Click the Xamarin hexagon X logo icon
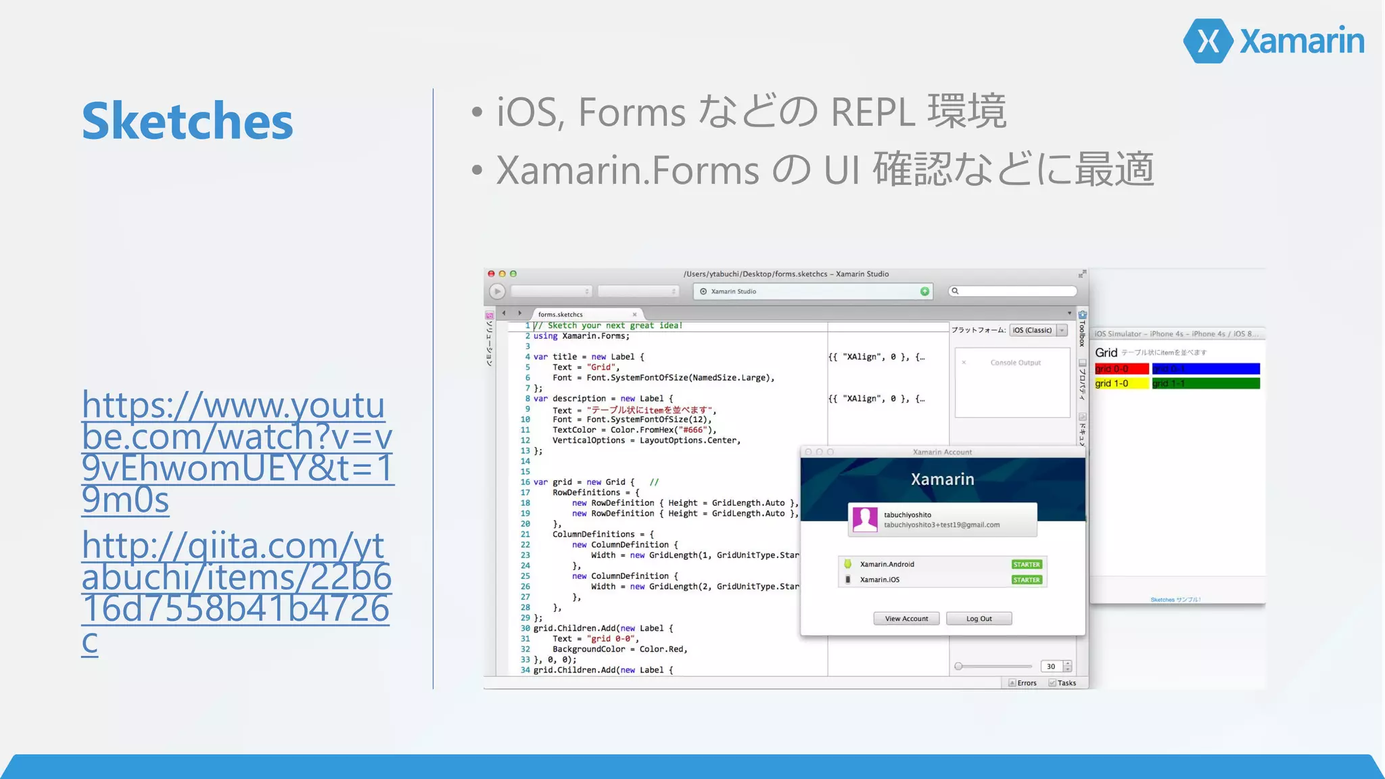coord(1208,41)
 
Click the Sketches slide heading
coord(187,121)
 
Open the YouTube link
coord(236,452)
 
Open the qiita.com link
coord(235,592)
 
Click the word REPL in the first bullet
coord(872,112)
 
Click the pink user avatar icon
coord(865,519)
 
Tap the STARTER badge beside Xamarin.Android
coord(1027,564)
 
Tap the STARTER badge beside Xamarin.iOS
coord(1027,580)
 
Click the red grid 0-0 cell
coord(1121,369)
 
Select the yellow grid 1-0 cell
coord(1121,383)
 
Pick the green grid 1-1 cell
coord(1206,383)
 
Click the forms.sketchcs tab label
coord(560,314)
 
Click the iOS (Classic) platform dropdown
coord(1037,330)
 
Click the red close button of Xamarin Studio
coord(492,274)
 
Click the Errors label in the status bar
coord(1026,683)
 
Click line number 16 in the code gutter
coord(525,482)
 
